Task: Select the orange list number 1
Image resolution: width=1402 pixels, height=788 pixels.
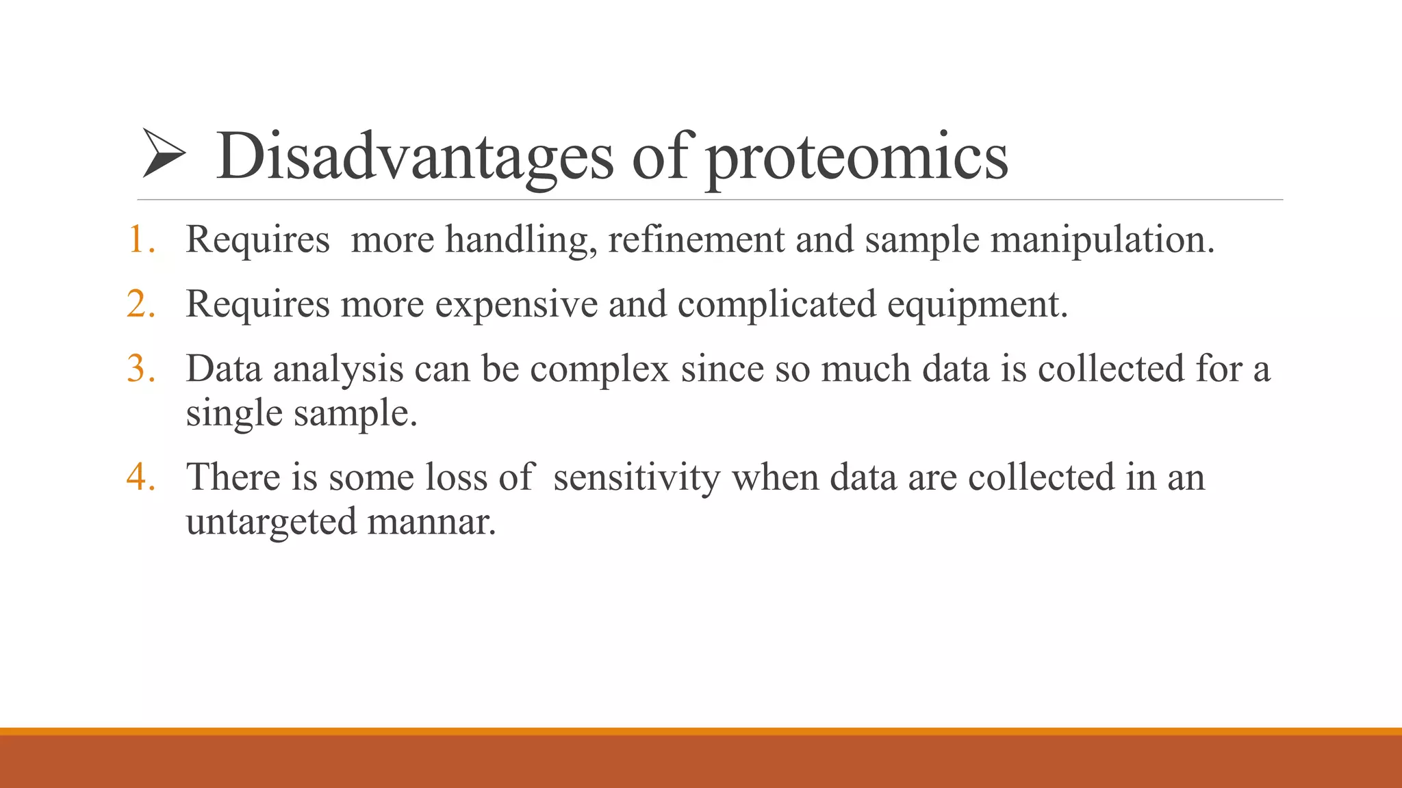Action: point(140,239)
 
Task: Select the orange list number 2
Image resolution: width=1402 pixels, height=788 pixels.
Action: point(140,304)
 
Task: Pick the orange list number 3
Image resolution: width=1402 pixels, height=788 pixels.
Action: point(140,369)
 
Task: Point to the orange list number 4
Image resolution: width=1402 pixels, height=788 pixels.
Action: point(140,477)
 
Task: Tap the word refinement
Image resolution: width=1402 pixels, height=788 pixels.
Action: point(696,239)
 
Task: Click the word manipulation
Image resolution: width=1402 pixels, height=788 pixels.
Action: point(1101,241)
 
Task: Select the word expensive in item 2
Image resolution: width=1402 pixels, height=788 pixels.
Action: point(516,305)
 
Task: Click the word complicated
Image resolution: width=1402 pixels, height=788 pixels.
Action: point(776,305)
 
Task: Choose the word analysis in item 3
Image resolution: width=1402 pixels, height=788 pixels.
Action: point(338,370)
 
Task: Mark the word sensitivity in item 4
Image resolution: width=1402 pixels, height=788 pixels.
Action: point(637,478)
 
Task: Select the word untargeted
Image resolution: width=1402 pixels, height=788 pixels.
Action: point(271,523)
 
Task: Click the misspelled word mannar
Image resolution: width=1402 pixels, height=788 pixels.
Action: point(431,523)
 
